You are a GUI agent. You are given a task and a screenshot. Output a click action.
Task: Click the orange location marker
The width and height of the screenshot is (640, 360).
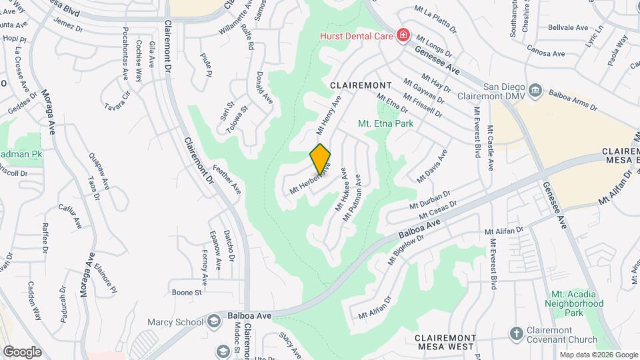click(x=320, y=158)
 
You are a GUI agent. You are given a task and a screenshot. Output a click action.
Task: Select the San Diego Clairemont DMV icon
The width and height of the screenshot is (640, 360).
click(x=535, y=90)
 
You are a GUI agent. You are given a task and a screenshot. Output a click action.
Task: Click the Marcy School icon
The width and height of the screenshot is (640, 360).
click(x=213, y=322)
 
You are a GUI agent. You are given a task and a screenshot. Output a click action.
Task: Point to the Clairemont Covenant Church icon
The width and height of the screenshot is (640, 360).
click(x=515, y=333)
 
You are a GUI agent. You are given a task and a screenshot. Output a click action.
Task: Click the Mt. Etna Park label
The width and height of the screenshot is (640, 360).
click(x=385, y=123)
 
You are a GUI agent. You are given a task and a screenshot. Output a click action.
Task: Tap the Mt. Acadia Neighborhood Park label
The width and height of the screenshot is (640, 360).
click(x=577, y=303)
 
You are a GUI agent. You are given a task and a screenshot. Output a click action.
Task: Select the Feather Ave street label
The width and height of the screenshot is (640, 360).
click(x=227, y=179)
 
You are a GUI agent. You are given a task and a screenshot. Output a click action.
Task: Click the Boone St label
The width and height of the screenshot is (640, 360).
click(x=187, y=292)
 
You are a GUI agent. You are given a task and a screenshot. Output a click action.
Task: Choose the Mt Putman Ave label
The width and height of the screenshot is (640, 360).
click(x=353, y=198)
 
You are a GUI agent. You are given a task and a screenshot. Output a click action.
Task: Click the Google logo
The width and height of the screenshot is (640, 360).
click(x=22, y=351)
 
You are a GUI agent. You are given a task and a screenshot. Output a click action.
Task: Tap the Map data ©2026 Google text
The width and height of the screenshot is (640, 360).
click(x=598, y=355)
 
